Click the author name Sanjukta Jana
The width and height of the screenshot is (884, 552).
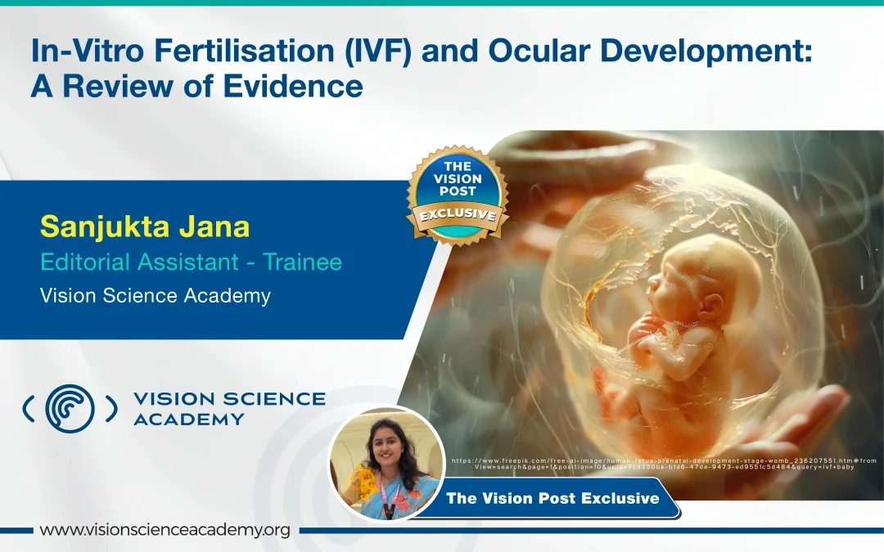144,227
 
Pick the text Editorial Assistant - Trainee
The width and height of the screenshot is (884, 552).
191,263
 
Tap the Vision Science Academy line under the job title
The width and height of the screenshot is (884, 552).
155,296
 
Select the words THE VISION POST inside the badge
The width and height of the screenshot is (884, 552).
458,178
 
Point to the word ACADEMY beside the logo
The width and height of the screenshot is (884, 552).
188,420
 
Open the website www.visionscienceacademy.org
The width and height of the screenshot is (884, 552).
165,530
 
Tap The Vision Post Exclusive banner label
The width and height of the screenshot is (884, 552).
552,498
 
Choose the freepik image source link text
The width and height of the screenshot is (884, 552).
663,463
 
